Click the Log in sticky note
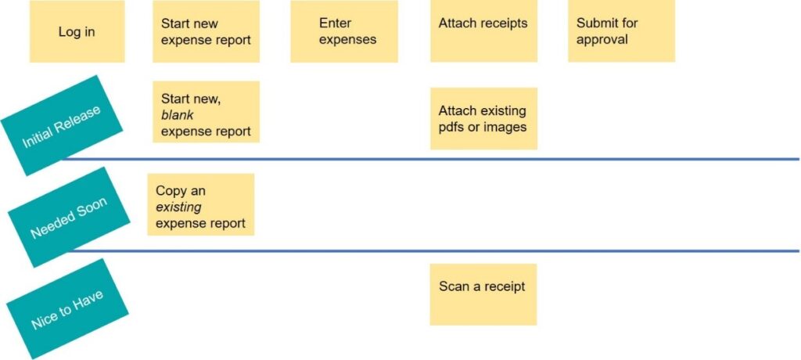(x=77, y=31)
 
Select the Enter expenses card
(x=344, y=31)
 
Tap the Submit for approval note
(x=622, y=31)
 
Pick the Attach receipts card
(x=483, y=31)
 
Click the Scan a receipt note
(x=483, y=294)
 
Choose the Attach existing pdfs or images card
(x=483, y=119)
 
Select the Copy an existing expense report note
(x=201, y=204)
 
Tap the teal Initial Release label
(x=62, y=126)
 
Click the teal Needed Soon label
(x=69, y=218)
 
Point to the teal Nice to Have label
(x=67, y=309)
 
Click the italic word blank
(x=178, y=115)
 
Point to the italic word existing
(x=178, y=207)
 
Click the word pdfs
(x=451, y=126)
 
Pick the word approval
(x=602, y=40)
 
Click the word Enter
(x=335, y=23)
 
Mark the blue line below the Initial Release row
(x=429, y=159)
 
